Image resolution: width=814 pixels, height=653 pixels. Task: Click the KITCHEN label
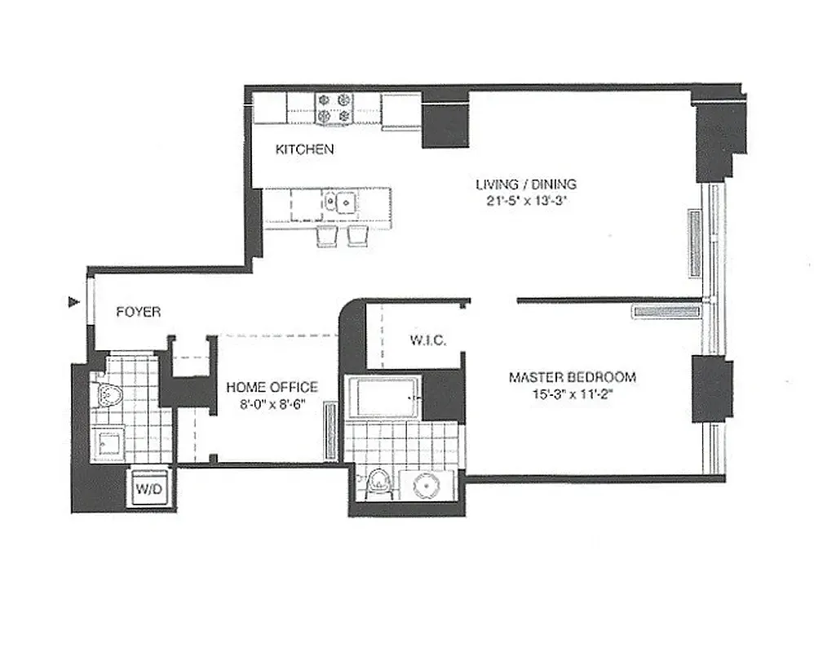(x=304, y=149)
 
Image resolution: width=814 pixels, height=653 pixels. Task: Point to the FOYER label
(x=138, y=311)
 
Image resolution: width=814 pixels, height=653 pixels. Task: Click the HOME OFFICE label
(x=272, y=387)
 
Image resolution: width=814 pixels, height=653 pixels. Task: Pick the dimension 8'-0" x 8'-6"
(x=272, y=402)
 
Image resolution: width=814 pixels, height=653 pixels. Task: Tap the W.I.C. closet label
(x=426, y=340)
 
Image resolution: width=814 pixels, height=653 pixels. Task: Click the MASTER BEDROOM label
(x=572, y=377)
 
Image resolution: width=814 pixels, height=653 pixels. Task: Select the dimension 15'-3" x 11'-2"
(x=572, y=393)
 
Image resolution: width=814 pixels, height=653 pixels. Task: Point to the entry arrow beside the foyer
(x=74, y=304)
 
